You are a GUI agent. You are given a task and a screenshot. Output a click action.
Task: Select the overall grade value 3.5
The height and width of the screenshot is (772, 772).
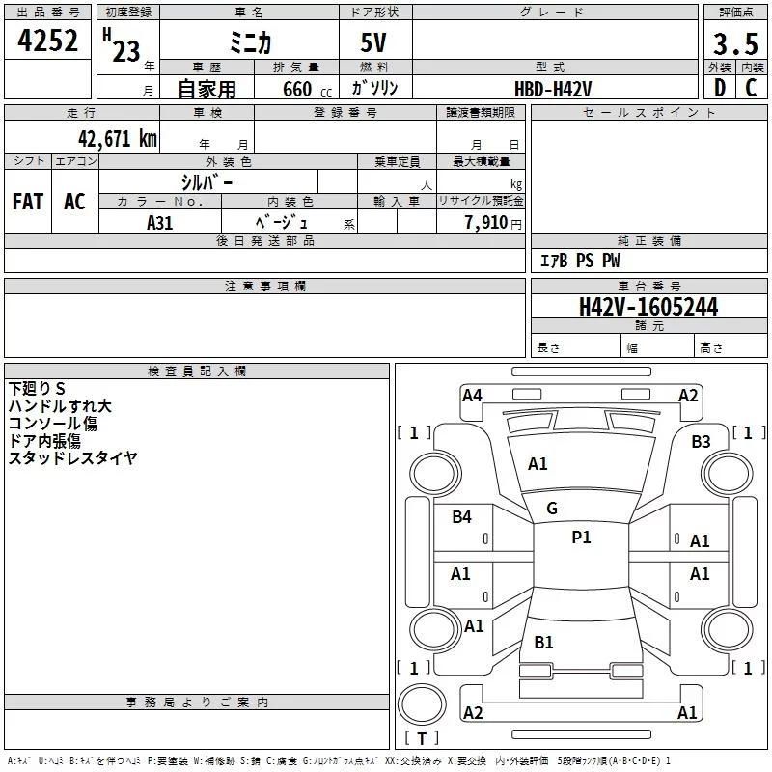734,43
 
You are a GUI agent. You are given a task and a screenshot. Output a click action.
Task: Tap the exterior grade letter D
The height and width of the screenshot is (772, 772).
719,87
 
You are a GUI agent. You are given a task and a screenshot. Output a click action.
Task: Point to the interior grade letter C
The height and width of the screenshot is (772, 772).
751,87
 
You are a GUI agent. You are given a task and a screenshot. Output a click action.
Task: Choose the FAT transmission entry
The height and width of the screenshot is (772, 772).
28,202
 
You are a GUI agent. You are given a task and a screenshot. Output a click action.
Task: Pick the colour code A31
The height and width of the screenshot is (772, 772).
160,222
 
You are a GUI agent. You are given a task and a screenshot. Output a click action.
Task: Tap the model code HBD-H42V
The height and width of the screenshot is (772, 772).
553,88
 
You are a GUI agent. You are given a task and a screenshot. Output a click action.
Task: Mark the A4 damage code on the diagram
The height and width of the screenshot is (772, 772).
472,395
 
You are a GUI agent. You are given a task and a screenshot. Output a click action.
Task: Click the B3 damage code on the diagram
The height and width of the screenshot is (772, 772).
701,441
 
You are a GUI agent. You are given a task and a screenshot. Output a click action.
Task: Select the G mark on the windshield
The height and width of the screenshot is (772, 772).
552,508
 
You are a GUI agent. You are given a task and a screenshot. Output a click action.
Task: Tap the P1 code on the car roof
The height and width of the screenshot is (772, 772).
581,537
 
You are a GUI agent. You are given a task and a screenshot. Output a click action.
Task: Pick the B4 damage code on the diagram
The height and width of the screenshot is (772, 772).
462,517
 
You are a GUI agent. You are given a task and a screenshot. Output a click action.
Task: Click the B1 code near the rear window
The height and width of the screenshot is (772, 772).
544,642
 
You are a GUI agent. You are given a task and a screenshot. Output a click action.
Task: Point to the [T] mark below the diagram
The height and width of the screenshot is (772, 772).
421,738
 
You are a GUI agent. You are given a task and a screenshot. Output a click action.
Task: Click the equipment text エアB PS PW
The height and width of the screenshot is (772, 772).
579,261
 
